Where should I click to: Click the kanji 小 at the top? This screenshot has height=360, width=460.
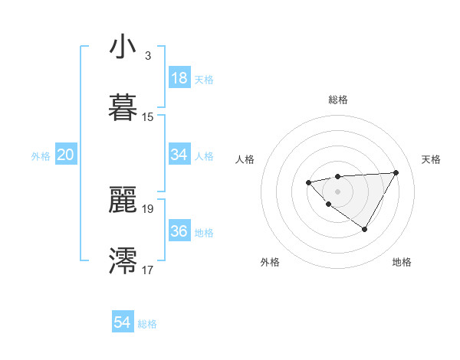123,47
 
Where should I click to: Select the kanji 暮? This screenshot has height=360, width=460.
123,106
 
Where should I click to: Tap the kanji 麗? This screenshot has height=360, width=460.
123,198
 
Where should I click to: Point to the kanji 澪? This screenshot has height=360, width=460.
123,259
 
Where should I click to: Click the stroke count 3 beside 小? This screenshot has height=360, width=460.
148,56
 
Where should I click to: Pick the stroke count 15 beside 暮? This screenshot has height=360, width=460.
148,116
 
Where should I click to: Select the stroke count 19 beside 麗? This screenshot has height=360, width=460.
148,208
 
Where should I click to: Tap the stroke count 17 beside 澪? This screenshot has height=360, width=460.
148,269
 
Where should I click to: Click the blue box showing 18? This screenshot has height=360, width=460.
179,78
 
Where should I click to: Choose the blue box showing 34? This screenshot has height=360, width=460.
179,155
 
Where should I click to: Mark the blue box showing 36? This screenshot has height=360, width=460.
179,231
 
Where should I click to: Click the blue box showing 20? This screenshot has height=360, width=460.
66,155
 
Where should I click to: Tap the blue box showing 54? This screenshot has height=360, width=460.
123,322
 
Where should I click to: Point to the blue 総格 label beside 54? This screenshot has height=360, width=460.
147,324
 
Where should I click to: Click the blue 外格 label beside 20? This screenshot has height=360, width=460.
41,156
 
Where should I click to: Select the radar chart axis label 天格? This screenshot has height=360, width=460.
431,159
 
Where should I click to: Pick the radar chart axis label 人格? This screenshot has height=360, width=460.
245,159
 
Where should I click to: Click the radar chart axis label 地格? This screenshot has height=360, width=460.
402,263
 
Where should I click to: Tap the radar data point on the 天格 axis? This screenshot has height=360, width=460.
396,172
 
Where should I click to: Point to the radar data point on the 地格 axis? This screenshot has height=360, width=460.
365,229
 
